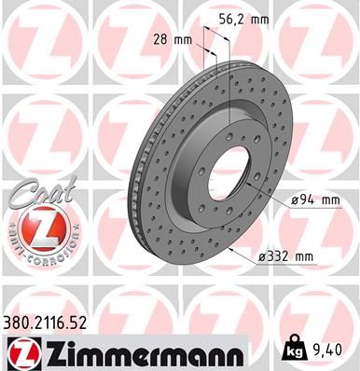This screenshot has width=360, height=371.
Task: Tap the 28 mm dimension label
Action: (x=171, y=39)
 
